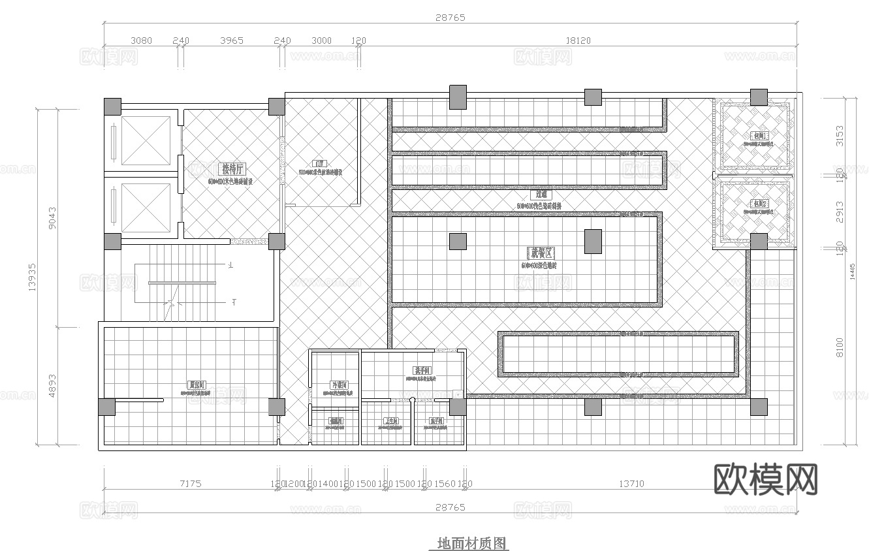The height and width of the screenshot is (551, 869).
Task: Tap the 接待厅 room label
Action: [233, 169]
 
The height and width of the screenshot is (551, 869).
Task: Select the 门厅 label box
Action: [319, 165]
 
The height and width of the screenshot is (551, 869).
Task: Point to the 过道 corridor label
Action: [541, 194]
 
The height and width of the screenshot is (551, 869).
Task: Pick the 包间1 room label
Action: [759, 136]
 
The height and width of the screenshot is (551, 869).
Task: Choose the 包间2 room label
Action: [759, 204]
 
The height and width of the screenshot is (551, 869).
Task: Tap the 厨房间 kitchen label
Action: [197, 385]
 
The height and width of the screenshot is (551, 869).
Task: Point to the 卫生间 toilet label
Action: [392, 421]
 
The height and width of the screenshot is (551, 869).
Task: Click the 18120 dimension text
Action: [578, 40]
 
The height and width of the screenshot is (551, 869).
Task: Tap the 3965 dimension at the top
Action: [232, 40]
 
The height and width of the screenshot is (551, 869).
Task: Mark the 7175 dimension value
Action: [190, 484]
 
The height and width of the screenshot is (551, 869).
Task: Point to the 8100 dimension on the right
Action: [840, 347]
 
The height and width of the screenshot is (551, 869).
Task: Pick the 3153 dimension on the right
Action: [840, 136]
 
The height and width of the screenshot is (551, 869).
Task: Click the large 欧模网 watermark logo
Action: [766, 480]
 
